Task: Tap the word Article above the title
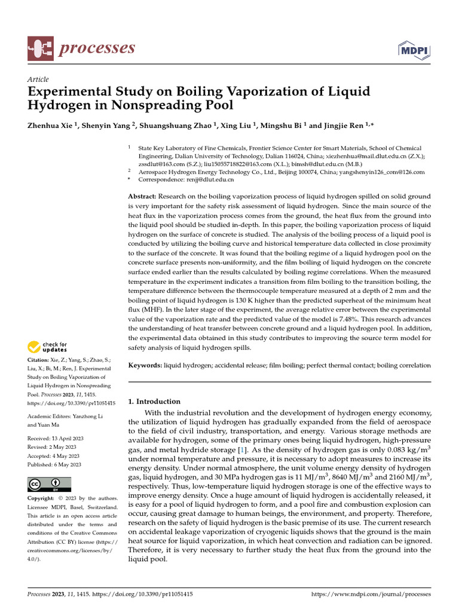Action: (38, 79)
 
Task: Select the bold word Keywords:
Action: (146, 365)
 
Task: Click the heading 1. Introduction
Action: (155, 402)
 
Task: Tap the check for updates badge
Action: (47, 347)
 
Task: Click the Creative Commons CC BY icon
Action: (49, 484)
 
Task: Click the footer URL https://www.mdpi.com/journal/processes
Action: (371, 595)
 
